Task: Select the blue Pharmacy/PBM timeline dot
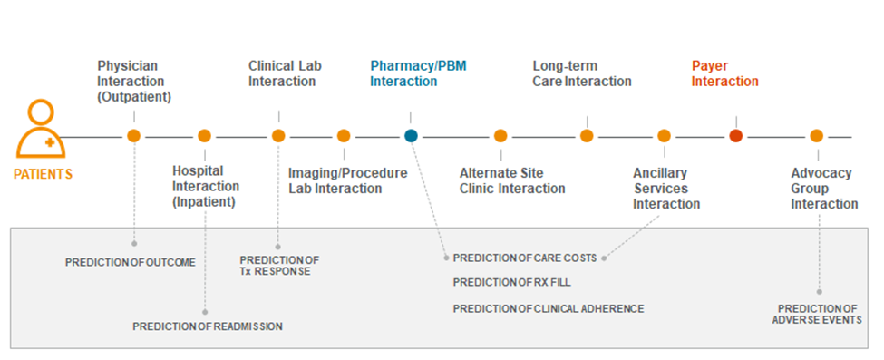pos(411,136)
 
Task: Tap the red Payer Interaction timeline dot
pos(735,136)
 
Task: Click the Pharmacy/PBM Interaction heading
pos(418,73)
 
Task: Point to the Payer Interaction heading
pos(724,73)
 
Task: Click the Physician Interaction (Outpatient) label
pos(134,81)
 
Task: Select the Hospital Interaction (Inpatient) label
pos(206,186)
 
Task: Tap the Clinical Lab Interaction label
pos(285,73)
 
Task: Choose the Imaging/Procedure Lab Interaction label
pos(347,180)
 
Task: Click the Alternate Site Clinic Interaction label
pos(512,180)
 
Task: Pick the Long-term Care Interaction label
pos(582,73)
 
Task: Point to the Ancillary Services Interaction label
pos(666,188)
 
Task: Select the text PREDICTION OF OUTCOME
pos(131,263)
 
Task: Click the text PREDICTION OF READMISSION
pos(208,326)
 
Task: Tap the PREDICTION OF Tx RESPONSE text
pos(279,266)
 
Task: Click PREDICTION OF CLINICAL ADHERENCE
pos(549,309)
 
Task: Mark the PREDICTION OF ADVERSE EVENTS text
pos(817,314)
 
